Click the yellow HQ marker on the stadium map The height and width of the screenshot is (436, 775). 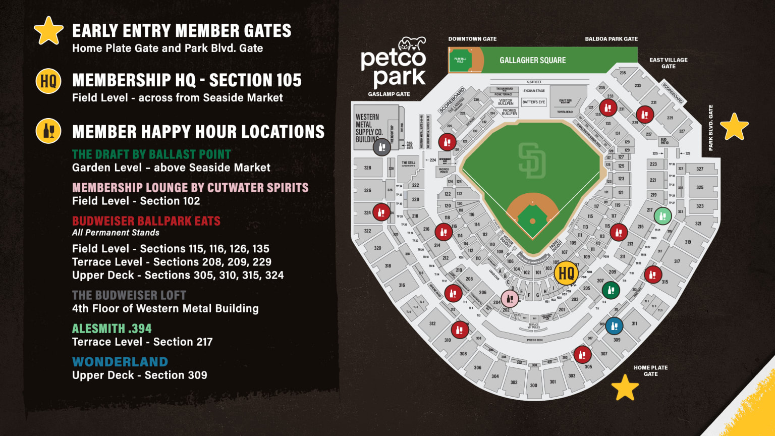point(566,273)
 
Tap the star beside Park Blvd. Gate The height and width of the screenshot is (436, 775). point(734,127)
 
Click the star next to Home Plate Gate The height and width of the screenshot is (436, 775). point(625,387)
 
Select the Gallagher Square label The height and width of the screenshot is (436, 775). point(532,60)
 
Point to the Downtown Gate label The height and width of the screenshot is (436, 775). point(472,39)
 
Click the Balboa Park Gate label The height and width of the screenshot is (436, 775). point(611,39)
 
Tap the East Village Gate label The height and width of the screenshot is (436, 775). point(668,63)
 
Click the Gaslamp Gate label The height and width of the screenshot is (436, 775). point(389,94)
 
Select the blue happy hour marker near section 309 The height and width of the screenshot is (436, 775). point(614,326)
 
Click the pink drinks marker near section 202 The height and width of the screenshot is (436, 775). point(510,299)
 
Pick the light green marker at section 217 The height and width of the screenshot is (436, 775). point(662,216)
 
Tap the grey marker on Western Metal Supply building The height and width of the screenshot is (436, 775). point(381,147)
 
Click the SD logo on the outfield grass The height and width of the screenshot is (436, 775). point(532,160)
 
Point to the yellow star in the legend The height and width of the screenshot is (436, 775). point(48,31)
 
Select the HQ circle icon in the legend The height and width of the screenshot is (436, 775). point(48,81)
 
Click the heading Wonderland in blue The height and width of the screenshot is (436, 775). point(120,362)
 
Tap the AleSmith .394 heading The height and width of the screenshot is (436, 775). point(112,329)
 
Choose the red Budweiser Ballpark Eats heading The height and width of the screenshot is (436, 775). point(146,221)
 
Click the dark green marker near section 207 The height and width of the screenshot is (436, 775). point(611,290)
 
